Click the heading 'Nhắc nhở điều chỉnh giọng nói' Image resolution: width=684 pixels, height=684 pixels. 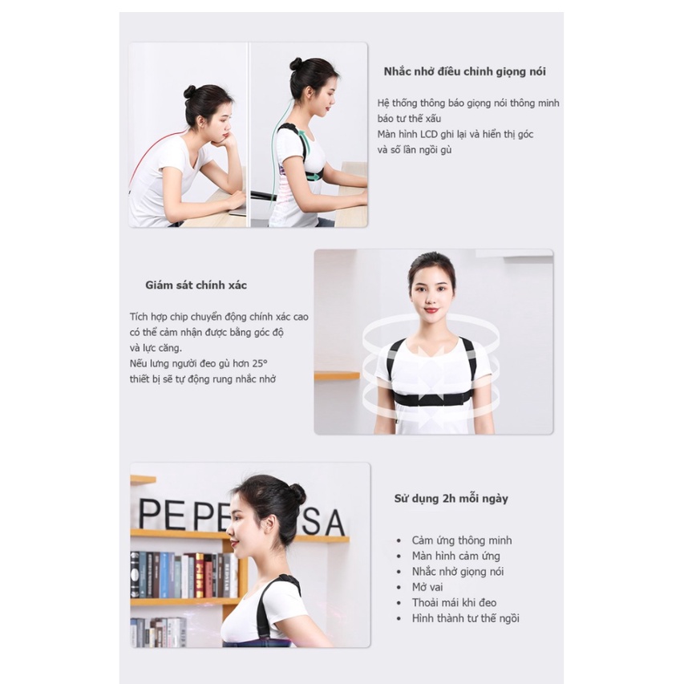(464, 71)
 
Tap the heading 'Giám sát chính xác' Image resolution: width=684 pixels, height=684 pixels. (196, 285)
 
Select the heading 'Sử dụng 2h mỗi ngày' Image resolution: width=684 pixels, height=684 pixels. (451, 499)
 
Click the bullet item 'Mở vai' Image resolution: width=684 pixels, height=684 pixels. (427, 587)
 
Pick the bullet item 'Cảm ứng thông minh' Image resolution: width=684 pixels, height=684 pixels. (462, 540)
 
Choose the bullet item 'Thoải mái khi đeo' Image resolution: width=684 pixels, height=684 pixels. (454, 603)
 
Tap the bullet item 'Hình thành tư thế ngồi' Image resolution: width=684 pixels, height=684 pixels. (465, 618)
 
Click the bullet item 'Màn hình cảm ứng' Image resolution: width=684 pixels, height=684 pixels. (455, 557)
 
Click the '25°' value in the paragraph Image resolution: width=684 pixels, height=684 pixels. (260, 363)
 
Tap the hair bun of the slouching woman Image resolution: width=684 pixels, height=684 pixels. (190, 91)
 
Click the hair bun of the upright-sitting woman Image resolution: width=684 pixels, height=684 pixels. (297, 63)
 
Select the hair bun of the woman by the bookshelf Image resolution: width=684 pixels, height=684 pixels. (298, 495)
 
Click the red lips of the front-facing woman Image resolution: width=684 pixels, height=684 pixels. (431, 310)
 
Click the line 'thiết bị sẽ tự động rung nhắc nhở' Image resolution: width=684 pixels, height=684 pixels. (203, 379)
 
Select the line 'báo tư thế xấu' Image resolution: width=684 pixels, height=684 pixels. (409, 119)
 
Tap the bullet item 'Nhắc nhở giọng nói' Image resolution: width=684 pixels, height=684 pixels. (458, 572)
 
